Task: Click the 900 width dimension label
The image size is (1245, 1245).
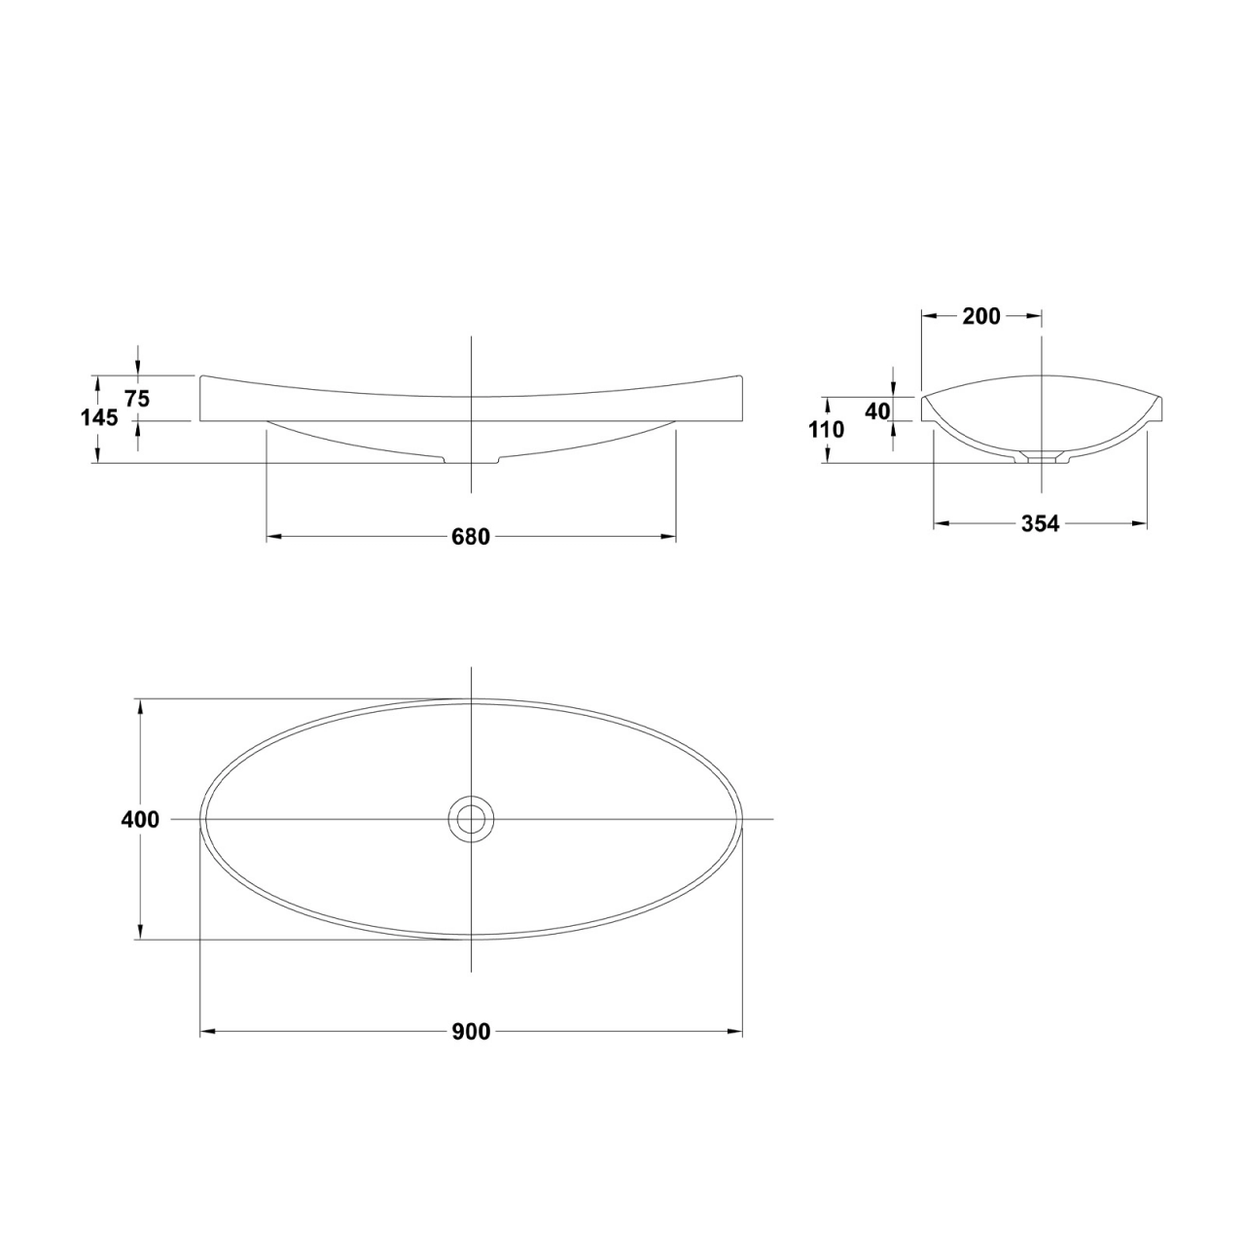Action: [x=471, y=1032]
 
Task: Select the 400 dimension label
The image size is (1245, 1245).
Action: [x=140, y=819]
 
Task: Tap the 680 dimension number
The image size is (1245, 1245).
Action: [x=471, y=536]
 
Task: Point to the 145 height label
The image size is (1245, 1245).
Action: [x=99, y=418]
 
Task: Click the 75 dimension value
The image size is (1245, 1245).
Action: [x=137, y=400]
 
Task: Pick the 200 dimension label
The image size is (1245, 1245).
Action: [x=980, y=316]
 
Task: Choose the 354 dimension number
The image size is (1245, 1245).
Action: [x=1040, y=523]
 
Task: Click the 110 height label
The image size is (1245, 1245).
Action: [x=827, y=429]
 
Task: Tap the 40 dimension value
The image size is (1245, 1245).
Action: [x=877, y=410]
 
